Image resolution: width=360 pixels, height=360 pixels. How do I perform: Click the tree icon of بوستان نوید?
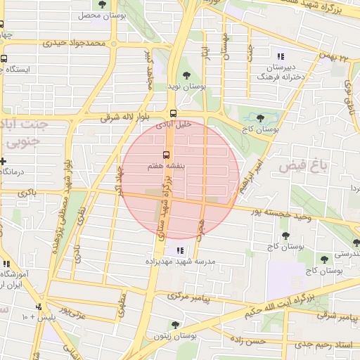click(x=186, y=75)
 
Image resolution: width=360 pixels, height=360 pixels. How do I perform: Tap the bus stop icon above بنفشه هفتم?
click(x=167, y=154)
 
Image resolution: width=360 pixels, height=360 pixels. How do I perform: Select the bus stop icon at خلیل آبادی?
click(x=172, y=112)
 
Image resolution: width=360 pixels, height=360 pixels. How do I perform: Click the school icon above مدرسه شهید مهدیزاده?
click(x=180, y=250)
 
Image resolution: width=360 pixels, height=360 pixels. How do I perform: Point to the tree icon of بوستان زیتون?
click(x=175, y=325)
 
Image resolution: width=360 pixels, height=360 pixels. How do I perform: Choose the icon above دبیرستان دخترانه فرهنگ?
click(x=281, y=56)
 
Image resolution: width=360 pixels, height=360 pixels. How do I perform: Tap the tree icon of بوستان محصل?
click(x=103, y=5)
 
